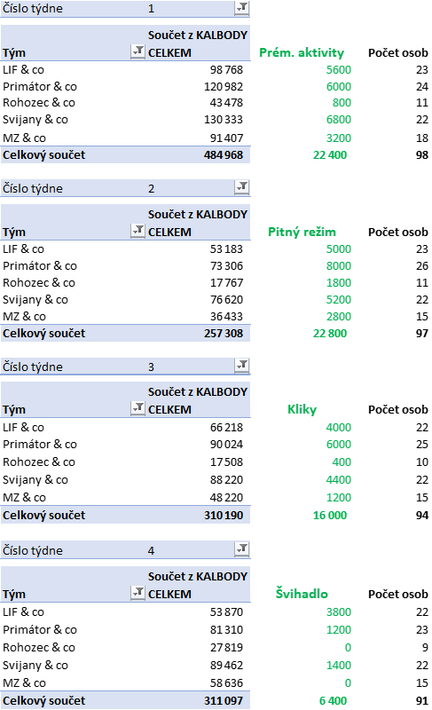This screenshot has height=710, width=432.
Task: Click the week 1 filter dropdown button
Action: coord(241,8)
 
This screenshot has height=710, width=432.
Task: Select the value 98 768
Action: coord(226,70)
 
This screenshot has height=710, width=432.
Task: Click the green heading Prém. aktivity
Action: coord(302,52)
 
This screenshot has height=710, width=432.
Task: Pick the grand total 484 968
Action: coord(224,154)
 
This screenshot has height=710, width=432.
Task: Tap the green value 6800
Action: coord(338,120)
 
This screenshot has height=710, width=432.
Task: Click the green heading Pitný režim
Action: coord(302,232)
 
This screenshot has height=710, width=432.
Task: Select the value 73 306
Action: coord(226,265)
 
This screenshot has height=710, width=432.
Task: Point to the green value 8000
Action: coord(338,265)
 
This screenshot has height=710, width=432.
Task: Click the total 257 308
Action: coord(224,334)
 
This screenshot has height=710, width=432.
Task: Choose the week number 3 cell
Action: coord(151,367)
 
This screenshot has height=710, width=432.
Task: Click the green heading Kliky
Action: coord(302,409)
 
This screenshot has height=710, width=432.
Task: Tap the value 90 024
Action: coord(226,445)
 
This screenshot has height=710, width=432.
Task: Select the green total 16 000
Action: coord(330,516)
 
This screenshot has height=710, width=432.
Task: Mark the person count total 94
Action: coord(422,516)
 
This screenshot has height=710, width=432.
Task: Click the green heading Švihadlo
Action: coord(302,593)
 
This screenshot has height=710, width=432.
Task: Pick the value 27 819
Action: coord(226,648)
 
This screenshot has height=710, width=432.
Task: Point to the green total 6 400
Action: coord(333,700)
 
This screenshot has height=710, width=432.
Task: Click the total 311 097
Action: coord(224,700)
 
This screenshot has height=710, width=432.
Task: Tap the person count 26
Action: coord(422,265)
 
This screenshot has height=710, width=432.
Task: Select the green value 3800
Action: coord(338,612)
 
